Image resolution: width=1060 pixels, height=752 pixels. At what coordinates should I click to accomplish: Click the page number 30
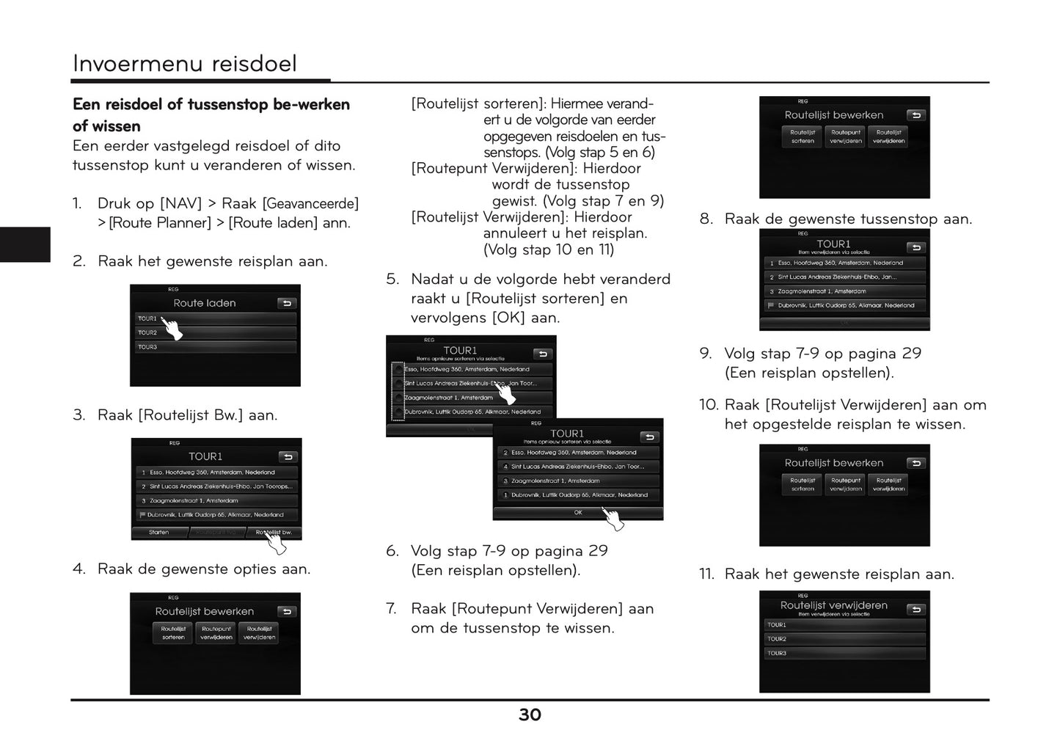[530, 715]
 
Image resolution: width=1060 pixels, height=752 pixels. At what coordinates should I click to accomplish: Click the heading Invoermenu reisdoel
[185, 64]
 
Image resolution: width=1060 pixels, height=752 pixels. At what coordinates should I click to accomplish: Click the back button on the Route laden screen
[286, 303]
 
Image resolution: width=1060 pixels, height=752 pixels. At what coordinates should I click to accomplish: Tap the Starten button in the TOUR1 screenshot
[159, 533]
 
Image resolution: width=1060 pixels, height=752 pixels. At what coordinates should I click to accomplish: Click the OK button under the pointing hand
[577, 513]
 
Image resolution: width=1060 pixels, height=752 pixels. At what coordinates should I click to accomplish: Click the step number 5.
[392, 280]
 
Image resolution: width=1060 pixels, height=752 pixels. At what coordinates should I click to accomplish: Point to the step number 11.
[706, 574]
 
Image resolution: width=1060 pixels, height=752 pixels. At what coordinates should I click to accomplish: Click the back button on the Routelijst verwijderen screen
[915, 610]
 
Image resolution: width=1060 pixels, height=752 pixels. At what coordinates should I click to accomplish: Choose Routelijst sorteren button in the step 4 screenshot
[174, 633]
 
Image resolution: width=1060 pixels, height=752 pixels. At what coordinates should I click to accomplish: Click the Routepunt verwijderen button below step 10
[846, 485]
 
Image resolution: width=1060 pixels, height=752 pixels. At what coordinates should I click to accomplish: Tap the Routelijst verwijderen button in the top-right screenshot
[889, 137]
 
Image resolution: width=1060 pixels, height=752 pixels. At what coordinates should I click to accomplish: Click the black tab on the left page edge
[25, 244]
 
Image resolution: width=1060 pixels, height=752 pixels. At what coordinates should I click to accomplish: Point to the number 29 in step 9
[912, 354]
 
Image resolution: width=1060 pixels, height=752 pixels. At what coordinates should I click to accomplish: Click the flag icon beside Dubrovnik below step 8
[771, 305]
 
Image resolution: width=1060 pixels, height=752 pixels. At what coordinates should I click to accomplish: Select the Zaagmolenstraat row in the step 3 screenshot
[216, 500]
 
